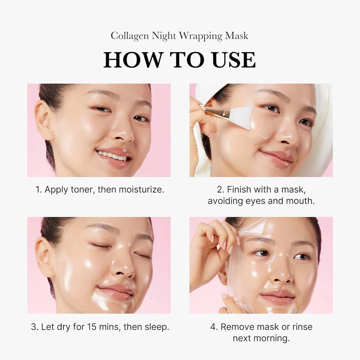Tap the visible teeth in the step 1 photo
tap(112, 156)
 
